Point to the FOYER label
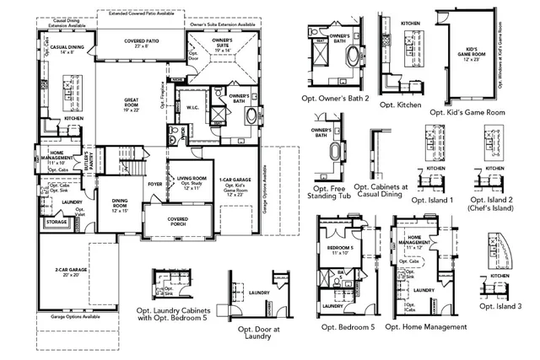pos(155,181)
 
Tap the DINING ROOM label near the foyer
pos(121,202)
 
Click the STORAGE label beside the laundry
pos(56,223)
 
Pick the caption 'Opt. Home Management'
pos(429,326)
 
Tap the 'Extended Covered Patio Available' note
pos(142,13)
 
